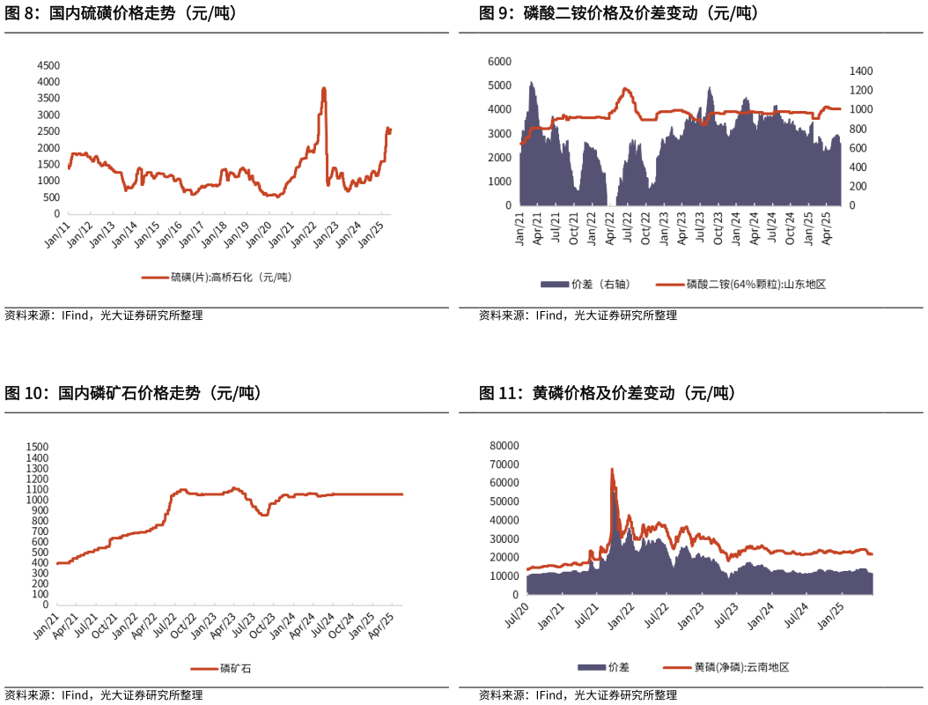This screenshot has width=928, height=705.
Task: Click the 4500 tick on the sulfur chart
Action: click(x=48, y=65)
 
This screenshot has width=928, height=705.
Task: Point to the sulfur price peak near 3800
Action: click(x=324, y=89)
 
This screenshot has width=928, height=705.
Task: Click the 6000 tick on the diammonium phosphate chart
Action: click(x=498, y=61)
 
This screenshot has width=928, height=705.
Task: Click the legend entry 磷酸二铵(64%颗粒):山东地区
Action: click(x=755, y=284)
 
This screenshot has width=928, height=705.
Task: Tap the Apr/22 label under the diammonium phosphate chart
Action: click(x=608, y=226)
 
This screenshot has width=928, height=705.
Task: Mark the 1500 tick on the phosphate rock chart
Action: click(x=39, y=447)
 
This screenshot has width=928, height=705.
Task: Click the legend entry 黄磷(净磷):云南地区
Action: click(x=740, y=667)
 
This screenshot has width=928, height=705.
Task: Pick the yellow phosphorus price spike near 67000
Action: click(x=611, y=470)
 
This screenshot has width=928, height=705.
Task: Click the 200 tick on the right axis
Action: click(x=858, y=186)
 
